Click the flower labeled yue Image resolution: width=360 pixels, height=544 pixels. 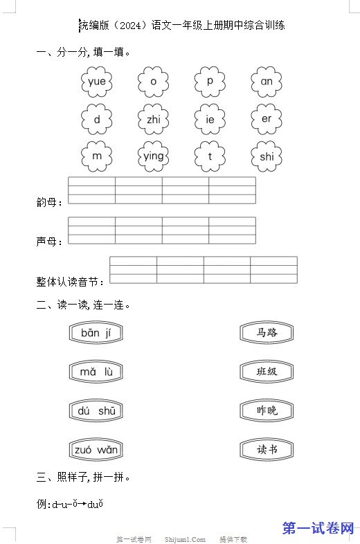coord(96,82)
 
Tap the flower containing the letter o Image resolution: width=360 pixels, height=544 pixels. coord(153,82)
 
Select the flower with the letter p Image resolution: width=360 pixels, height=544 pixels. coord(210,82)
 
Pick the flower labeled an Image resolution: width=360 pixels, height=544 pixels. coord(267,82)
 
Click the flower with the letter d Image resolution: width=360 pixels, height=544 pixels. coord(96,119)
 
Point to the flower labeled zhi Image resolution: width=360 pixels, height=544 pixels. coord(153,119)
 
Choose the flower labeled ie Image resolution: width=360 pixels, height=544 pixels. coord(210,119)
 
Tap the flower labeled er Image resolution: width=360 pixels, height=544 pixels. coord(267,119)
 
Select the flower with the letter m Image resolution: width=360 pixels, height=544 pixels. coord(96,156)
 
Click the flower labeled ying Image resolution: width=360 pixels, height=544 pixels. coord(153,156)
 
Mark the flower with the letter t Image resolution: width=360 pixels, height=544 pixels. coord(210,156)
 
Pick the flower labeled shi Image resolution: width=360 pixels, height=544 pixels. coord(267,156)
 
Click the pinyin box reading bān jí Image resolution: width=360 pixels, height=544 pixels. coord(96,333)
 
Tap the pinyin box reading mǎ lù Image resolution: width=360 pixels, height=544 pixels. coord(96,372)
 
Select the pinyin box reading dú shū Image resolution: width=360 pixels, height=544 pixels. coord(96,411)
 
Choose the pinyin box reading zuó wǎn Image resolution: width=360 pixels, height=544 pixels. coord(96,450)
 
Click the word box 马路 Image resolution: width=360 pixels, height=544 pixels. coord(267,333)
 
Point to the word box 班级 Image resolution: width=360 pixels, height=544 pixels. coord(267,372)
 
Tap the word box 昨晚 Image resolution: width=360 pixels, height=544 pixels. coord(267,411)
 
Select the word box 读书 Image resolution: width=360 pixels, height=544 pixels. coord(267,450)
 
